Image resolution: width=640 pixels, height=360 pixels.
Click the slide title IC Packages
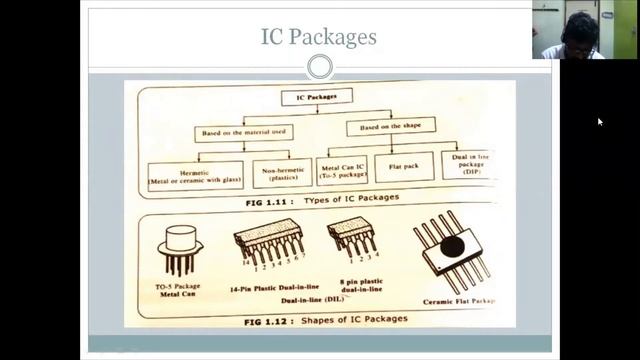[x=318, y=37]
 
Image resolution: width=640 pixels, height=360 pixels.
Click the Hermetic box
[x=195, y=174]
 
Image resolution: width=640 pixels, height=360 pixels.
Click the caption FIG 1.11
[x=248, y=198]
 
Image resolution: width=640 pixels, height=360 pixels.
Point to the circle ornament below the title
[x=319, y=67]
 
